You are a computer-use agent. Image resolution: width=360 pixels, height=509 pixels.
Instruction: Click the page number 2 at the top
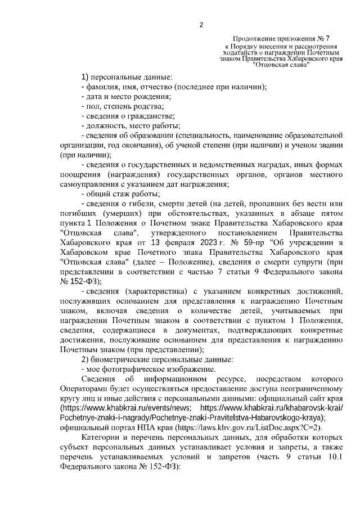(201, 25)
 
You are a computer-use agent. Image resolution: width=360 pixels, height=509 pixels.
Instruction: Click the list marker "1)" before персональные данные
(85, 76)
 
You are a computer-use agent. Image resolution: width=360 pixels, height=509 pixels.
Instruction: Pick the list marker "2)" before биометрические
(85, 359)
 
